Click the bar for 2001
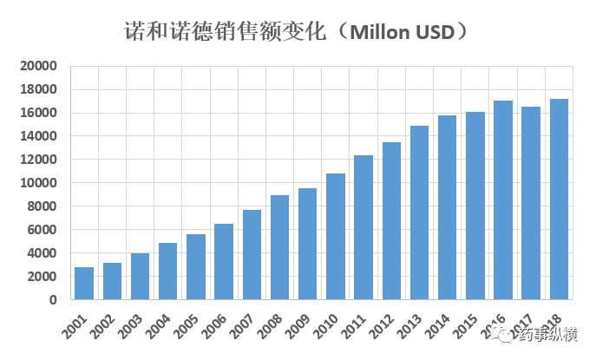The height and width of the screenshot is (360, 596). [x=84, y=284]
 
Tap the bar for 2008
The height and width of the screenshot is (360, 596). [x=279, y=247]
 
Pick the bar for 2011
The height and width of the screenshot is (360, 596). [x=363, y=227]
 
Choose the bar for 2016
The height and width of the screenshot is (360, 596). [x=503, y=200]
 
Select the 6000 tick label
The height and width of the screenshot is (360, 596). [x=41, y=230]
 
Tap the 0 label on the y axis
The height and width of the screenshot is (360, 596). [x=53, y=300]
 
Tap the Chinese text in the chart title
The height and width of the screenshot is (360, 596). [x=225, y=32]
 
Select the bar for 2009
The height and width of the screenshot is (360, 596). [x=307, y=244]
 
